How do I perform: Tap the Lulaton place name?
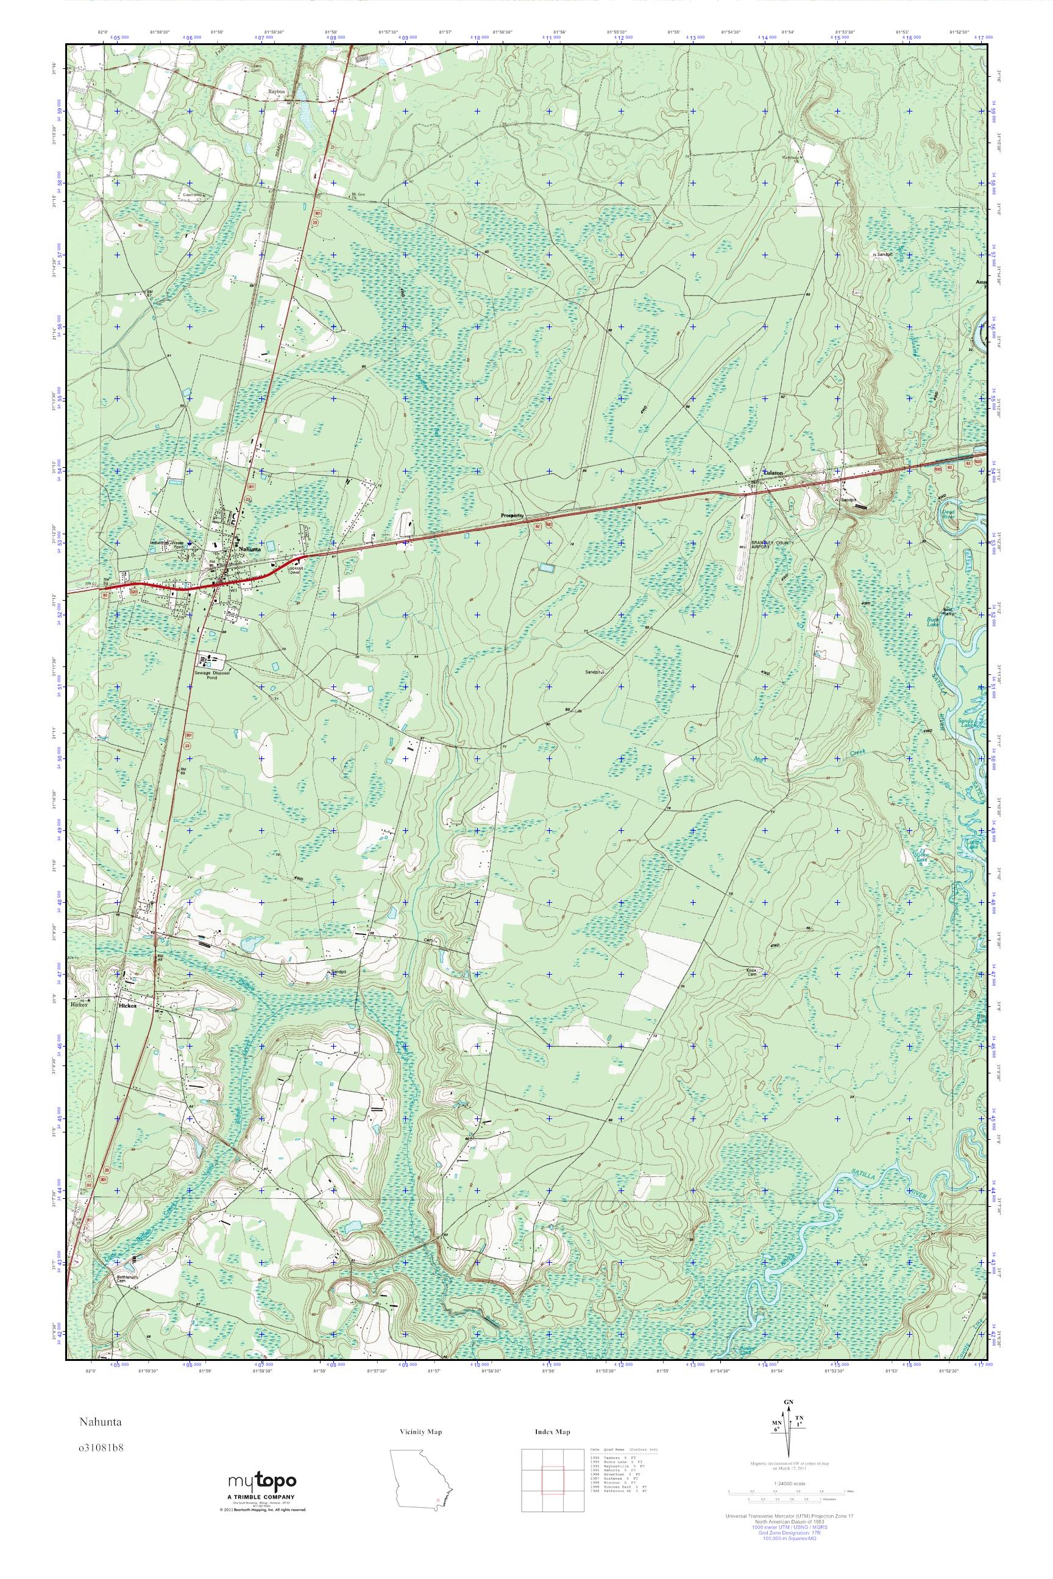(x=773, y=473)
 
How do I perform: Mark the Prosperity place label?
(x=512, y=515)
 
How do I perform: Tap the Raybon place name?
(x=277, y=91)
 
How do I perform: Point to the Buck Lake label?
(x=932, y=621)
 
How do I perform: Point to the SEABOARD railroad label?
(x=277, y=139)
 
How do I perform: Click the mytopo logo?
(x=262, y=1481)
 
